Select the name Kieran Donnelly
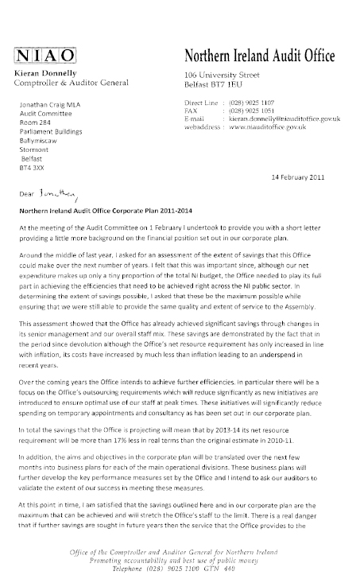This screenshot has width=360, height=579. (x=41, y=71)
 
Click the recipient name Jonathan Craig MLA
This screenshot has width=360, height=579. (x=57, y=104)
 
